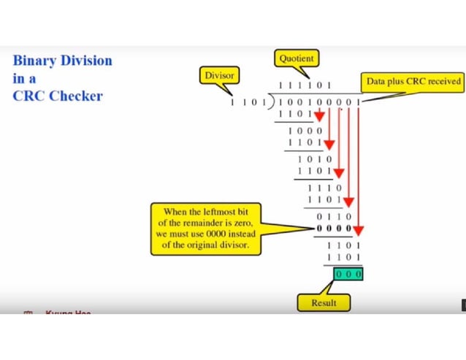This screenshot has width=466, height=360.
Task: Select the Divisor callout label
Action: pyautogui.click(x=219, y=75)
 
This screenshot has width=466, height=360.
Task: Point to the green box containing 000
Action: pyautogui.click(x=348, y=274)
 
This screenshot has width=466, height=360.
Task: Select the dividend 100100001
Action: pyautogui.click(x=318, y=102)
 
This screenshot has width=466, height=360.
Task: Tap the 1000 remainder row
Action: pyautogui.click(x=305, y=129)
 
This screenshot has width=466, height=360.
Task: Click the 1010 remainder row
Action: pyautogui.click(x=316, y=158)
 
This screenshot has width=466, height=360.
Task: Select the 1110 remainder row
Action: pyautogui.click(x=325, y=188)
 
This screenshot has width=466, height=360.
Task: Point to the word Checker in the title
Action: pyautogui.click(x=77, y=96)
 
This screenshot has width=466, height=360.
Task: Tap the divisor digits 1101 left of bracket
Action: pyautogui.click(x=248, y=102)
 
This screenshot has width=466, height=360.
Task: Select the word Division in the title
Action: pyautogui.click(x=88, y=60)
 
